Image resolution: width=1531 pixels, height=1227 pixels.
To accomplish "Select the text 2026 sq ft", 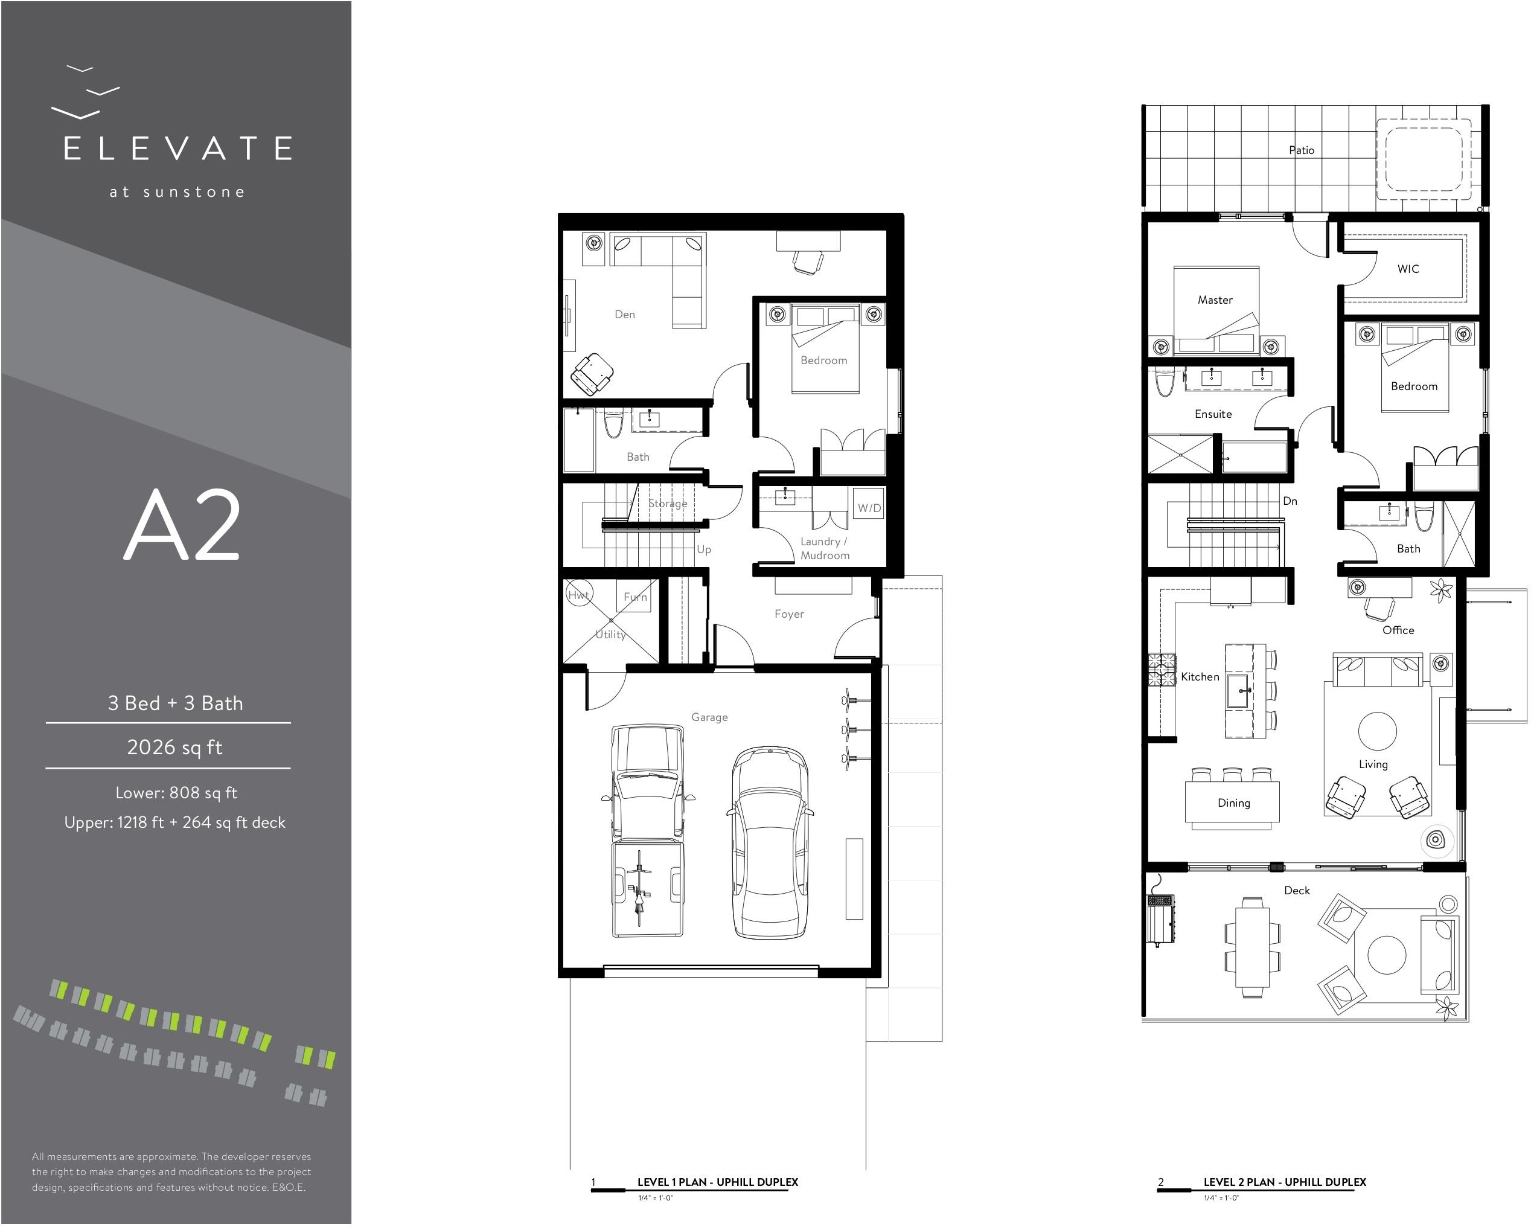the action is [174, 747].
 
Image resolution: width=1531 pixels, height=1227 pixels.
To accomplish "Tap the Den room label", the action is [625, 315].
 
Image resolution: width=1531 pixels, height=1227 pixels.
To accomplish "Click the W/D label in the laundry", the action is [869, 508].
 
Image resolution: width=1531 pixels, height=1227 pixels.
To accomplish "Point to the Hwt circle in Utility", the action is [579, 594].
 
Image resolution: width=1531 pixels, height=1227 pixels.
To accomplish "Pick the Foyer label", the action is [789, 614].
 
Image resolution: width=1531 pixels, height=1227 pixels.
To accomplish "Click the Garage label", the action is [709, 717].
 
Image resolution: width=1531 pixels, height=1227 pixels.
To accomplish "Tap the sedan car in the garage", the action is [769, 843].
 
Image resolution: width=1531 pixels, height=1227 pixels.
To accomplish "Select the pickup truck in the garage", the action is [647, 831].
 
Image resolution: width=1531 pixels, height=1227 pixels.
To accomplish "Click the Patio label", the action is [1302, 150].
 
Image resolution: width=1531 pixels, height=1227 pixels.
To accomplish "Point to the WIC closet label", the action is [1408, 269].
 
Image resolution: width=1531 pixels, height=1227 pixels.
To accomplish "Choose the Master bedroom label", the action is [1215, 300].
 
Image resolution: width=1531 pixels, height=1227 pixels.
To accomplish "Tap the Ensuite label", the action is [1213, 414].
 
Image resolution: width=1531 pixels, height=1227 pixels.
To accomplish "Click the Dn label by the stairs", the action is [1290, 501].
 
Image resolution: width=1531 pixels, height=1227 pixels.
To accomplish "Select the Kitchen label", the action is [1200, 677].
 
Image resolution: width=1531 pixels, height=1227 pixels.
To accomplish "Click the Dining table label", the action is [1233, 803].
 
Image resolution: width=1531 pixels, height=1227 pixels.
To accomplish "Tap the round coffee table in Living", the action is [1378, 731].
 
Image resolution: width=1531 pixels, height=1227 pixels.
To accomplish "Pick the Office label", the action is [1398, 630].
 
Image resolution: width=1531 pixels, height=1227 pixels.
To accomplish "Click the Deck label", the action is [1297, 891].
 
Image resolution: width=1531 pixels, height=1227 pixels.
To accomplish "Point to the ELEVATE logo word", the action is [177, 149].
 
